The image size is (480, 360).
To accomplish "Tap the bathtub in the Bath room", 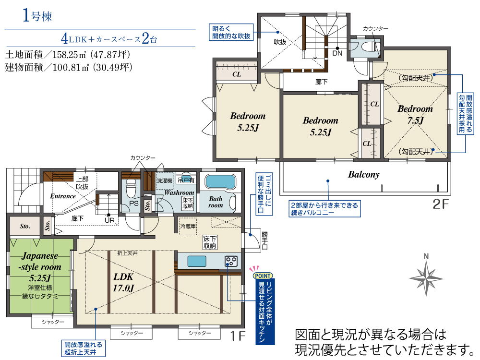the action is (x=220, y=182).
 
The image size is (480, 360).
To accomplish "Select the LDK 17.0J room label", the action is (x=123, y=282).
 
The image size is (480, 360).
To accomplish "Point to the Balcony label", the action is (x=364, y=175).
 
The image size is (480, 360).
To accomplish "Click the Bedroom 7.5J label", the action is (x=415, y=115).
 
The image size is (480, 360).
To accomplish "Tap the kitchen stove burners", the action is (x=231, y=261).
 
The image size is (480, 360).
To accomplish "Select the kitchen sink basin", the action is (x=196, y=261).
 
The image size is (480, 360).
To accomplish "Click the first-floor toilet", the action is (x=131, y=189).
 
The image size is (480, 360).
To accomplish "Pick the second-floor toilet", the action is (x=367, y=47).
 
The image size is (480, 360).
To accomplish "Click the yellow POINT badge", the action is (x=263, y=276).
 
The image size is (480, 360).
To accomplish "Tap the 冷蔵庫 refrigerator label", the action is (x=188, y=226).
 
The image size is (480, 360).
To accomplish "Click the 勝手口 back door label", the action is (x=264, y=240).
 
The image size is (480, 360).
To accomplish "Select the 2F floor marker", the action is (x=440, y=204).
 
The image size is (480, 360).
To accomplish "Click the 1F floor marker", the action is (x=238, y=336).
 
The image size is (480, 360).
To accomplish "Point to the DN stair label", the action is (x=337, y=53).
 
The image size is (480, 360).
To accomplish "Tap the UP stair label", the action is (x=109, y=220).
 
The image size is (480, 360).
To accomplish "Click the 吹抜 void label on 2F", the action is (x=280, y=42).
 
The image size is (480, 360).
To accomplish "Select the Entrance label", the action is (x=63, y=196).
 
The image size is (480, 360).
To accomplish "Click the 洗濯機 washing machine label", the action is (x=164, y=180).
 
